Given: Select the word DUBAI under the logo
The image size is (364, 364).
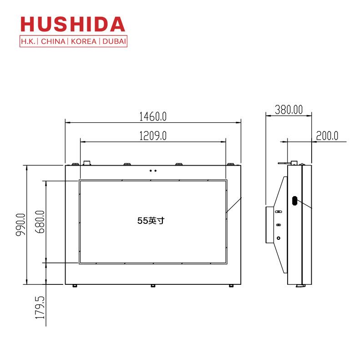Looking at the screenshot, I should pyautogui.click(x=113, y=41).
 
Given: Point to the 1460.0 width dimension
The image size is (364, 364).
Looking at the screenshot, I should pyautogui.click(x=153, y=116).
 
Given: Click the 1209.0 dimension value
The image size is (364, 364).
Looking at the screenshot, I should pyautogui.click(x=153, y=136).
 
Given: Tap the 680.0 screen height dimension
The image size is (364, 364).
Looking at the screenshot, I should pyautogui.click(x=40, y=222).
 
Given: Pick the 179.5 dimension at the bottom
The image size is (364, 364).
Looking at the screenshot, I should pyautogui.click(x=40, y=309).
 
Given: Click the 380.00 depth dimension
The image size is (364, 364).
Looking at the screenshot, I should pyautogui.click(x=288, y=110).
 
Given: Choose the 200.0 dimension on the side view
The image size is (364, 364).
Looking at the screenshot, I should pyautogui.click(x=328, y=136).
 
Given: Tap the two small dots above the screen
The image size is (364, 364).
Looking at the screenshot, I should pyautogui.click(x=153, y=171).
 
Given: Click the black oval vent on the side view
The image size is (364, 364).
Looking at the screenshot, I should pyautogui.click(x=295, y=201).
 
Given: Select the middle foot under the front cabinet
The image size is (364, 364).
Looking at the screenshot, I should pyautogui.click(x=153, y=286).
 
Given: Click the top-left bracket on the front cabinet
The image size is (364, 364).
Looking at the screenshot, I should pyautogui.click(x=86, y=162).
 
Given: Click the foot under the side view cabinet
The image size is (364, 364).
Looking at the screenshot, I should pyautogui.click(x=300, y=285).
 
